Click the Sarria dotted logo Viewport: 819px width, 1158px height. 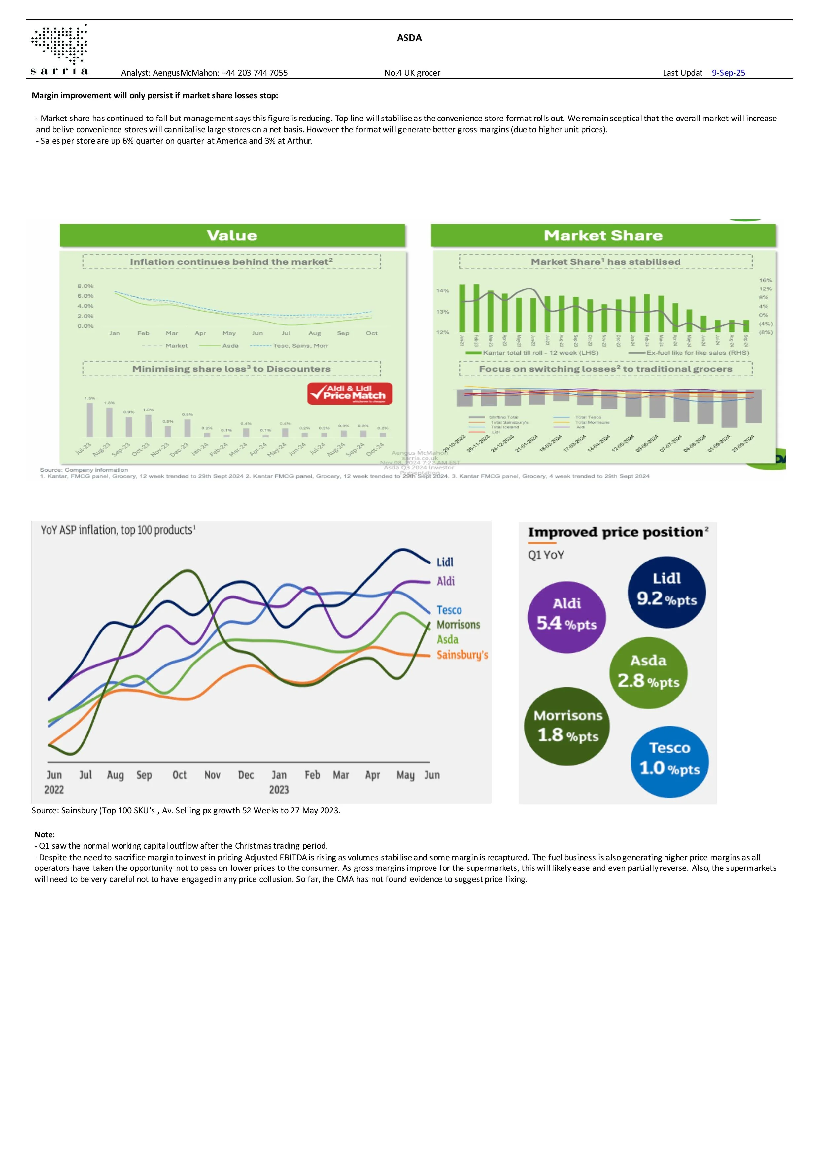tap(59, 44)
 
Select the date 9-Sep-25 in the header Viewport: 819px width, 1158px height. tap(728, 73)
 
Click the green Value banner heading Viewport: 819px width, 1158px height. tap(232, 236)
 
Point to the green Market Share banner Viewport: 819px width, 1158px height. tap(603, 236)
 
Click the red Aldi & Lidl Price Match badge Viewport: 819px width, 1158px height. tap(350, 393)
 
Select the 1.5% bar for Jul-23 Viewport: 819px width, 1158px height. tap(90, 420)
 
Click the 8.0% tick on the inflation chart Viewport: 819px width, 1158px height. tap(85, 286)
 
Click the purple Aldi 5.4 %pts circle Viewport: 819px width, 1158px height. tap(566, 617)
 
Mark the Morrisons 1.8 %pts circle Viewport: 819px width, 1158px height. tap(567, 726)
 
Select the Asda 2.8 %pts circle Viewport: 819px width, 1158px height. tap(649, 673)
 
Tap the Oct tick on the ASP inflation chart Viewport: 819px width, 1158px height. tap(180, 775)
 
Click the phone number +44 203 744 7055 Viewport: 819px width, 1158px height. tap(255, 73)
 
